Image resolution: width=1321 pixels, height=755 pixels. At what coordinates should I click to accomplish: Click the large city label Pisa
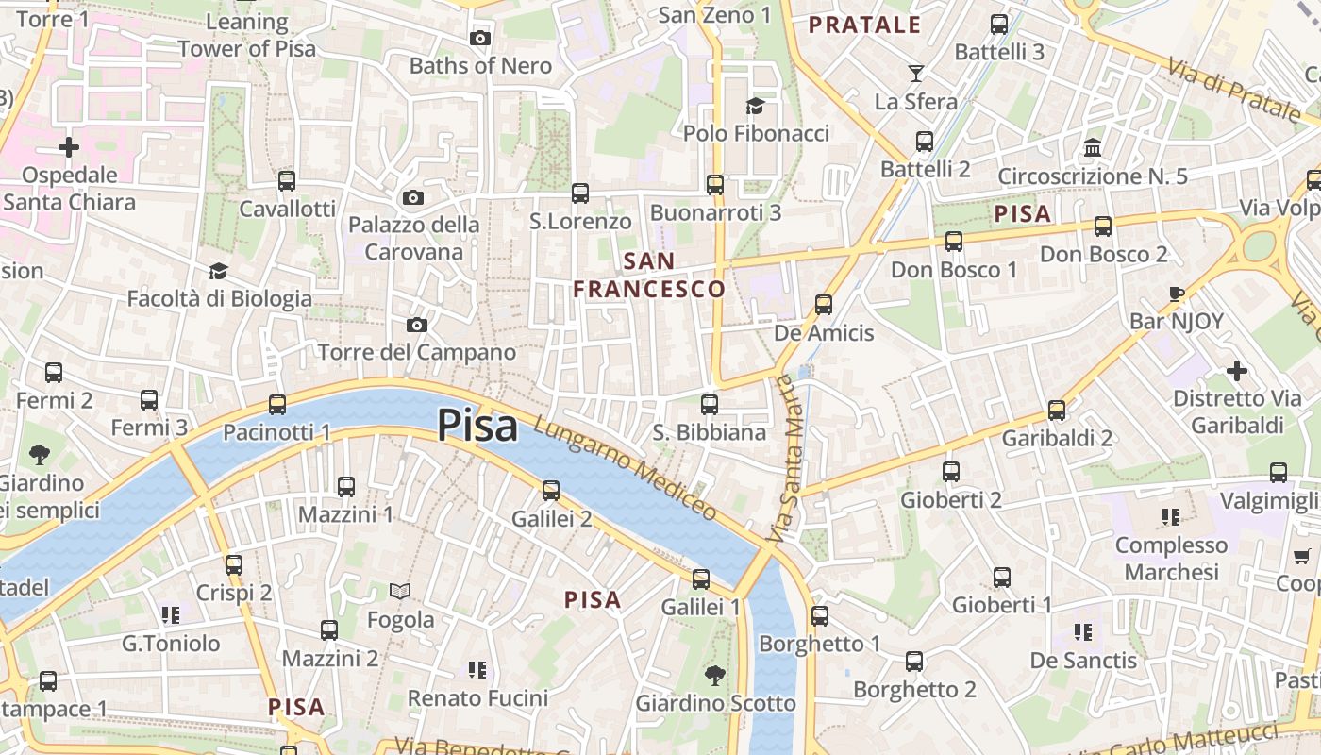tap(477, 426)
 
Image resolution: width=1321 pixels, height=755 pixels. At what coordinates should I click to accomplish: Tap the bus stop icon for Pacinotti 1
tap(276, 404)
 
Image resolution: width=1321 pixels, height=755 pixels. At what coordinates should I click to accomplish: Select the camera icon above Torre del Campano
tap(416, 325)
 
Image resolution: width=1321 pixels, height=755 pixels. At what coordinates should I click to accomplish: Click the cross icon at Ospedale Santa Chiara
tap(69, 147)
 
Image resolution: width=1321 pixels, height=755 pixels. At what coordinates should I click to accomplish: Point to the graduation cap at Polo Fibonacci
tap(755, 105)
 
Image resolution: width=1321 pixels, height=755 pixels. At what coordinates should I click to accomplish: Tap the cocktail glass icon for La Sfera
tap(915, 74)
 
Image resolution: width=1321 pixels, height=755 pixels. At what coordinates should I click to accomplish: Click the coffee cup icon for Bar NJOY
tap(1176, 294)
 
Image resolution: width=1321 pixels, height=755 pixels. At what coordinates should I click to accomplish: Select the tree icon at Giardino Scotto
tap(715, 675)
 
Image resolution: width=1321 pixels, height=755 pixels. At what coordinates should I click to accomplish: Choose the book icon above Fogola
tap(400, 592)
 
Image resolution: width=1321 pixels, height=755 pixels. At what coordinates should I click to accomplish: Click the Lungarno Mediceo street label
tap(626, 468)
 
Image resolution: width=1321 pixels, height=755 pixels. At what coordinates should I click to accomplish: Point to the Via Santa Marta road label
tap(783, 459)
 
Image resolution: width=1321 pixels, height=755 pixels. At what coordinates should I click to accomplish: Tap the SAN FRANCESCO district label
tap(649, 275)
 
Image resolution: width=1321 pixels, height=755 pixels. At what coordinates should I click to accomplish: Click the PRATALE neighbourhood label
tap(864, 25)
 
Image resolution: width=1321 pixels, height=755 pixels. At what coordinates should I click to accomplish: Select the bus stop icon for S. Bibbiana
tap(710, 405)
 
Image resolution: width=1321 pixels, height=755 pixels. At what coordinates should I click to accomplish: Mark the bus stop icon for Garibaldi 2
tap(1057, 411)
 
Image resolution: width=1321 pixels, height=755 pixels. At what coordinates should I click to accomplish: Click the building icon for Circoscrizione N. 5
tap(1093, 148)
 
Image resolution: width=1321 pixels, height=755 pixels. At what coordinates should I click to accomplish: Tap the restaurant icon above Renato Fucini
tap(477, 670)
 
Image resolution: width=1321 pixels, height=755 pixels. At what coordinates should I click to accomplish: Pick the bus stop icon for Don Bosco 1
tap(954, 242)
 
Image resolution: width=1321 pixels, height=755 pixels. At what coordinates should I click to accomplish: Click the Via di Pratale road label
tap(1233, 90)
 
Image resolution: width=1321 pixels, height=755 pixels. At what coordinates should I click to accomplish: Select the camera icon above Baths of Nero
tap(480, 38)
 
